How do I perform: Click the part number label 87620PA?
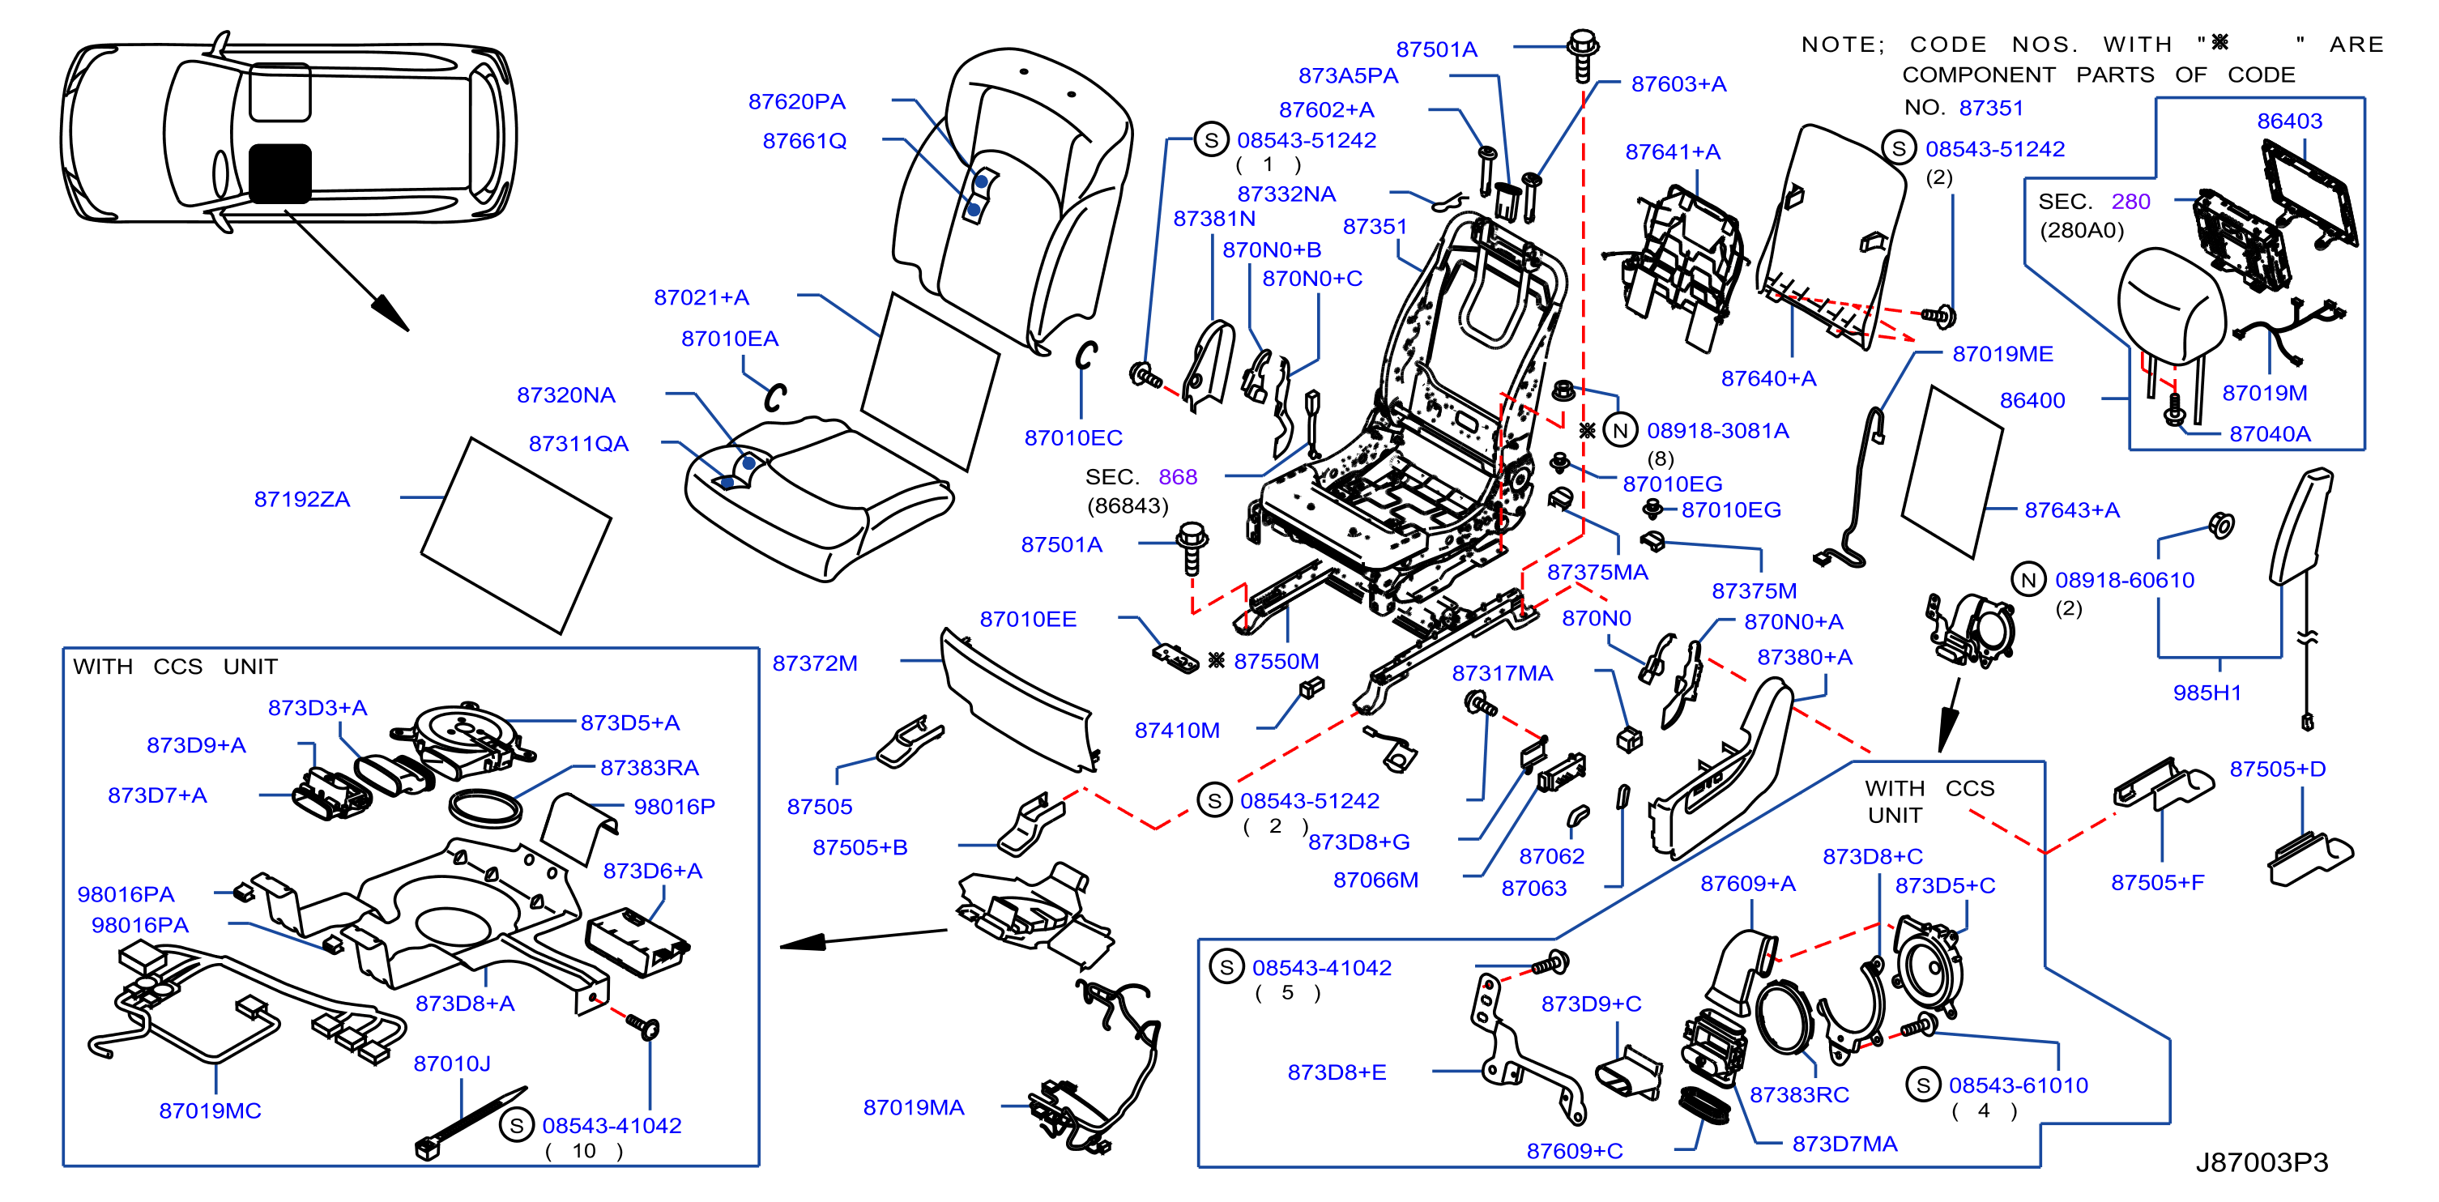pos(796,101)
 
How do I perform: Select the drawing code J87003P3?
pos(2261,1162)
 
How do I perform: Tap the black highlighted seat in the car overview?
pos(279,173)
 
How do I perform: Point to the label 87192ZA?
pos(302,499)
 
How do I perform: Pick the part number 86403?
pos(2289,121)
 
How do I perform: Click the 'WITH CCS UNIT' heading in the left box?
pos(175,667)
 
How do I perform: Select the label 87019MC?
pos(209,1110)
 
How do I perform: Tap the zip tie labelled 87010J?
pos(471,1123)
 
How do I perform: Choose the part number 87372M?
pos(814,663)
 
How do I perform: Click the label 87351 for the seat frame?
pos(1374,226)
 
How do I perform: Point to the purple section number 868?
pos(1178,477)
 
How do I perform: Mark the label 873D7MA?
pos(1844,1144)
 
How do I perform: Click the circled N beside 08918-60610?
pos(2028,580)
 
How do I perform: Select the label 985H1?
pos(2207,693)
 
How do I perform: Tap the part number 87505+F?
pos(2157,882)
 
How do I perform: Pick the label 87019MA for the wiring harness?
pos(913,1107)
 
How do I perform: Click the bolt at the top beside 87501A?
pos(1582,55)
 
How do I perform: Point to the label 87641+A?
pos(1672,151)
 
